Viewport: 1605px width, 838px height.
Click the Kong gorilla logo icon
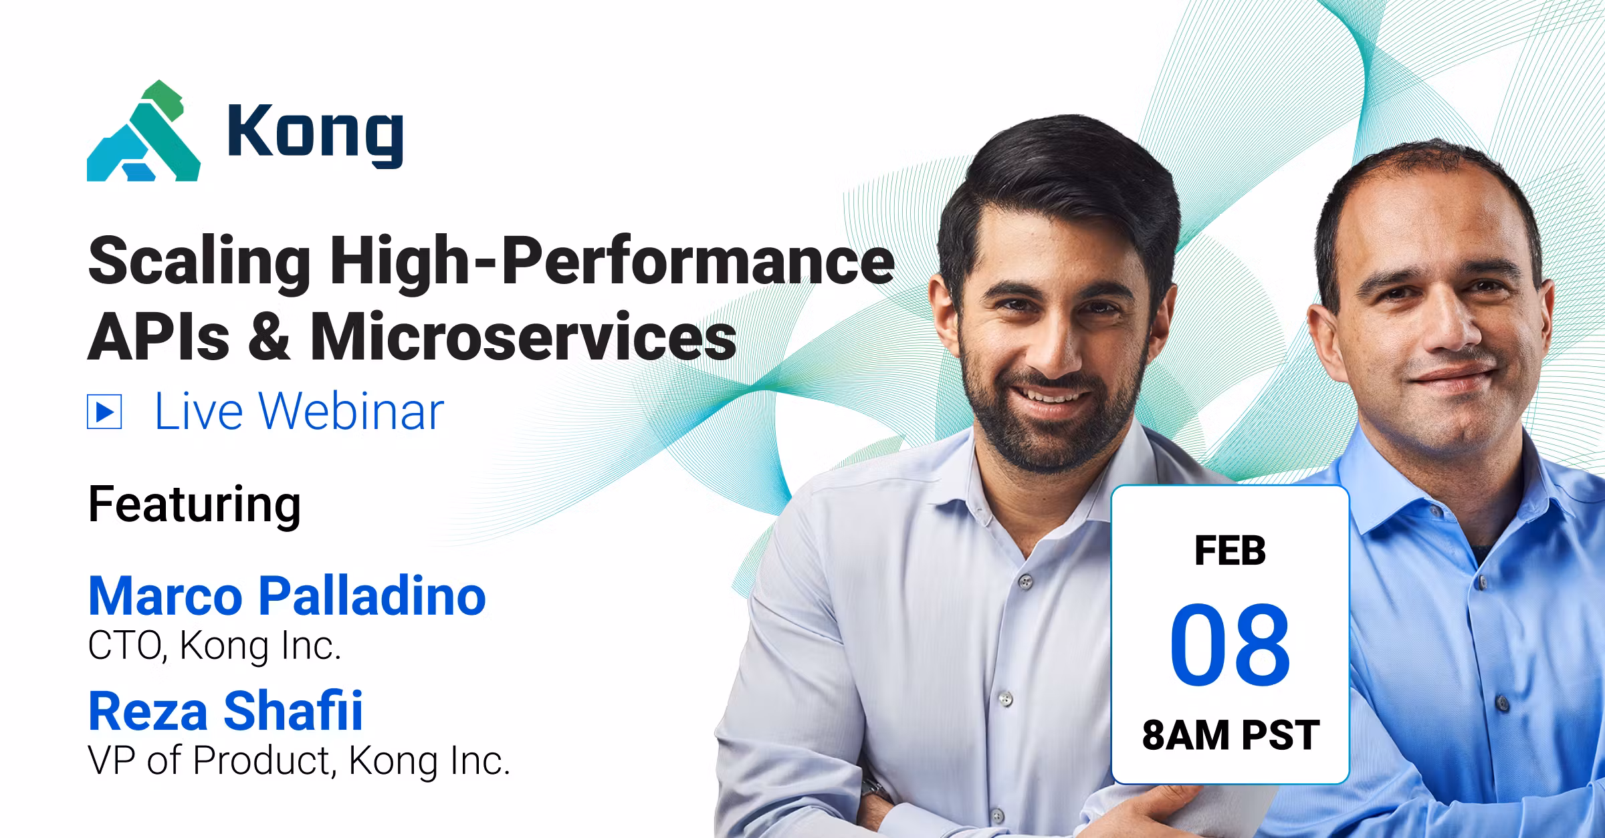143,131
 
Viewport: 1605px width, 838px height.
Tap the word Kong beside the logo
315,134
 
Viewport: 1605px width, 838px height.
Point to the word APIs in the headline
158,336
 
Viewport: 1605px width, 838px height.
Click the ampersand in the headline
270,337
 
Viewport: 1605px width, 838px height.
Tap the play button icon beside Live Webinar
104,412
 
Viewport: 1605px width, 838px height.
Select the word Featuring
195,506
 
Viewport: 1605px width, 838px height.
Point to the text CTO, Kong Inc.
215,646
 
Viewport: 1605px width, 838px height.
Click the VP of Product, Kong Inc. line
299,760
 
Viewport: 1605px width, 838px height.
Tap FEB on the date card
1230,551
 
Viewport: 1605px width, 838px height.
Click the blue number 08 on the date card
1230,644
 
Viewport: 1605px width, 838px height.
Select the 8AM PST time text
1230,735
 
